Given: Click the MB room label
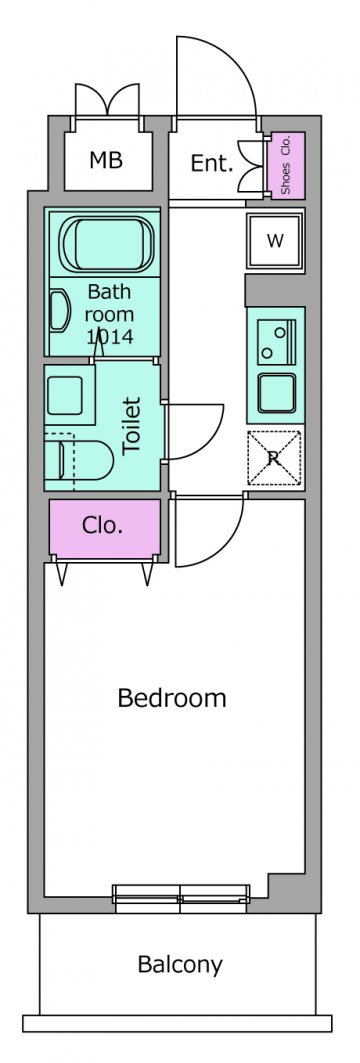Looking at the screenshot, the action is pos(106,161).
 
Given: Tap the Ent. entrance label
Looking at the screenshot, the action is pos(212,163).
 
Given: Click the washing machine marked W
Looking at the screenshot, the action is pos(275,241).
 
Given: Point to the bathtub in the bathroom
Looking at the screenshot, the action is pos(105,243).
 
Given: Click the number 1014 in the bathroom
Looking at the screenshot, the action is pos(110,337).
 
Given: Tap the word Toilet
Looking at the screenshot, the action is pos(132,425).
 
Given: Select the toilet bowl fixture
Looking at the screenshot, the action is pos(80,461).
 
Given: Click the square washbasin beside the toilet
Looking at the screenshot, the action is pos(64,396).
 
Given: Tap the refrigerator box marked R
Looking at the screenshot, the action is pos(274,458).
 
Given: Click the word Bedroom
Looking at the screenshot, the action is pos(172,698).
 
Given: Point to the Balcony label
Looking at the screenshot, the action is pos(180,964).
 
